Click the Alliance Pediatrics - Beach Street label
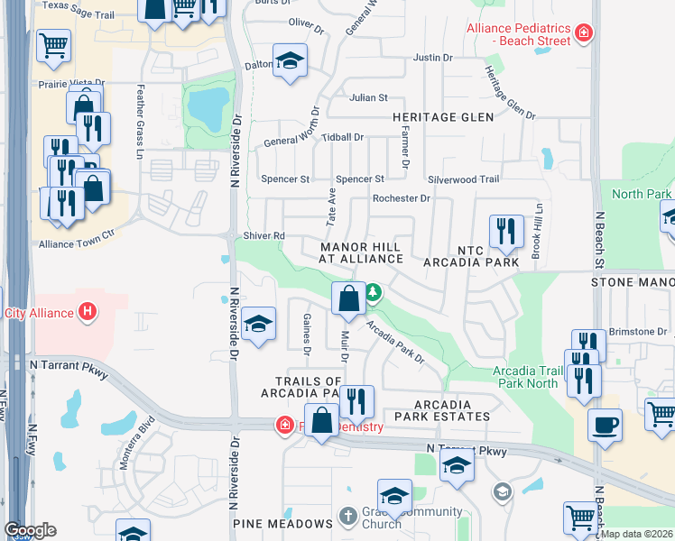pyautogui.click(x=518, y=34)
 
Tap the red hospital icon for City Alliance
pyautogui.click(x=88, y=313)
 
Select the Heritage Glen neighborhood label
pyautogui.click(x=442, y=117)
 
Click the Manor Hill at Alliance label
pyautogui.click(x=360, y=252)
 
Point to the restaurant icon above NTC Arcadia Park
pyautogui.click(x=506, y=232)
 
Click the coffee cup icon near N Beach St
pyautogui.click(x=605, y=424)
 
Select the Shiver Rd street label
pyautogui.click(x=264, y=236)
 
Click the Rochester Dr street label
pyautogui.click(x=402, y=198)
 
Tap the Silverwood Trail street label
pyautogui.click(x=463, y=179)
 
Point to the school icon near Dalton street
pyautogui.click(x=290, y=61)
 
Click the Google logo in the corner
pyautogui.click(x=30, y=530)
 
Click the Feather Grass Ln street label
pyautogui.click(x=140, y=123)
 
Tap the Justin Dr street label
pyautogui.click(x=431, y=57)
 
